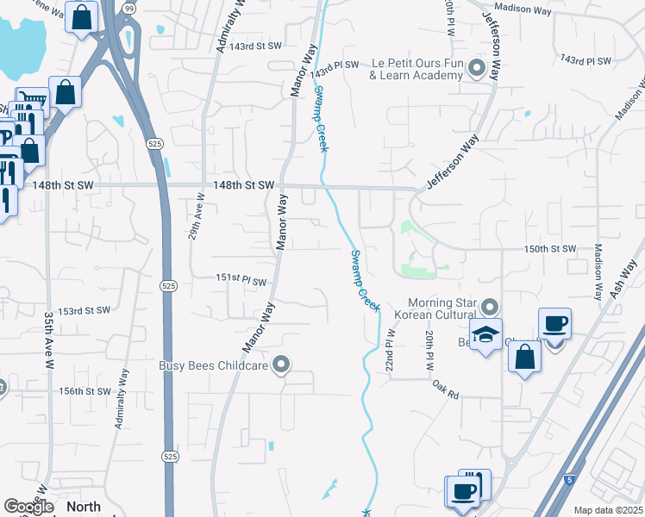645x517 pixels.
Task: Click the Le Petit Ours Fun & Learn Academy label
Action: tap(416, 69)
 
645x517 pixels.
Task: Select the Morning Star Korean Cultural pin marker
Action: tap(490, 307)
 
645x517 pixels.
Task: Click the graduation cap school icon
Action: tap(486, 334)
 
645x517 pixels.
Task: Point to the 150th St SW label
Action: tap(549, 248)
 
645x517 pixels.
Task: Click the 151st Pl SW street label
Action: tap(241, 278)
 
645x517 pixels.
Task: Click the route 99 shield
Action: tap(128, 8)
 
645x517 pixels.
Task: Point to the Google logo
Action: tap(28, 507)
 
